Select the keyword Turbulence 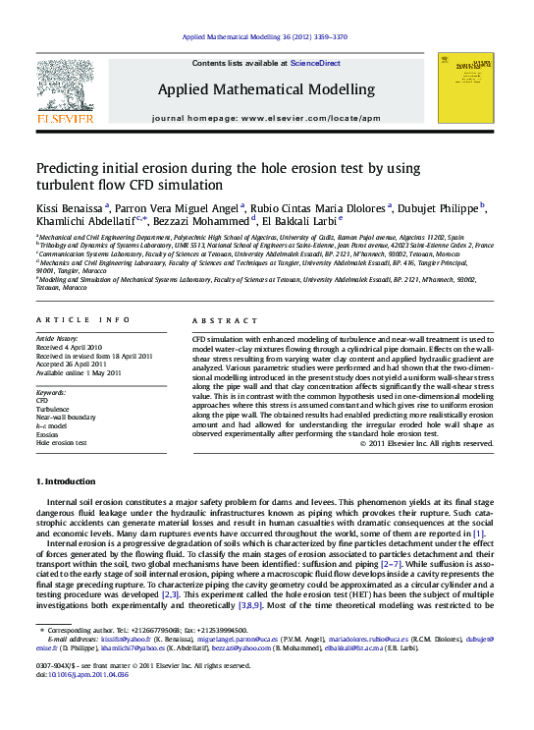click(x=54, y=409)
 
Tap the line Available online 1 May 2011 click(x=79, y=373)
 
